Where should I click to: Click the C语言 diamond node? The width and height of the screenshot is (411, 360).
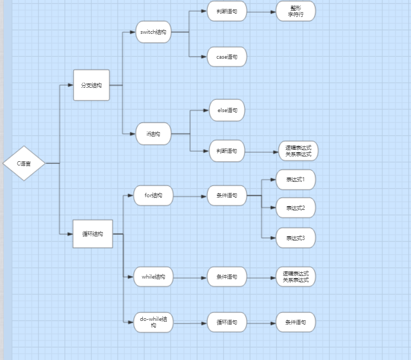(x=24, y=163)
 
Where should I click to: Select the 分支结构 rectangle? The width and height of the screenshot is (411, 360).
(x=92, y=85)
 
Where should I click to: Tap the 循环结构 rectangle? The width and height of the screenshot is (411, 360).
(x=93, y=234)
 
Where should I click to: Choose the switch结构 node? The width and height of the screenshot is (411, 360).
(x=153, y=32)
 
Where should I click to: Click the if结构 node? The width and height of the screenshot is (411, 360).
(x=153, y=134)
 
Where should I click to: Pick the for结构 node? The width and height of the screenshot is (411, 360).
(x=153, y=196)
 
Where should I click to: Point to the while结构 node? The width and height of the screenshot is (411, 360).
(x=153, y=276)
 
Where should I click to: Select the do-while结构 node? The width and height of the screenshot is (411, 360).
(x=153, y=322)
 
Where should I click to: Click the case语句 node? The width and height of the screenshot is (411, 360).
(x=227, y=56)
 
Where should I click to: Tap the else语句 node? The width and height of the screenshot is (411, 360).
(x=227, y=110)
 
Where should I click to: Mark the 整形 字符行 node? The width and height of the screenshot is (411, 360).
(x=296, y=11)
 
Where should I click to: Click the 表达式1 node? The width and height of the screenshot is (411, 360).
(x=296, y=180)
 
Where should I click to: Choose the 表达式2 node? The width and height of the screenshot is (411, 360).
(x=296, y=208)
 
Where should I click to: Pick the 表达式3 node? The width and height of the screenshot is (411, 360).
(x=296, y=238)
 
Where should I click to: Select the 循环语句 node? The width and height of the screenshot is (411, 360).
(x=227, y=322)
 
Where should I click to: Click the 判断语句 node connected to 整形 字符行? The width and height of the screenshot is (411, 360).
(x=227, y=11)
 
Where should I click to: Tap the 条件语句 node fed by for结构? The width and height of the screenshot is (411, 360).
(x=227, y=196)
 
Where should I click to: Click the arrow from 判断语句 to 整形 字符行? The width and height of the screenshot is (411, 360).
(x=261, y=11)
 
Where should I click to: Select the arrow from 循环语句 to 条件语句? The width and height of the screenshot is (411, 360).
(x=261, y=322)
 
